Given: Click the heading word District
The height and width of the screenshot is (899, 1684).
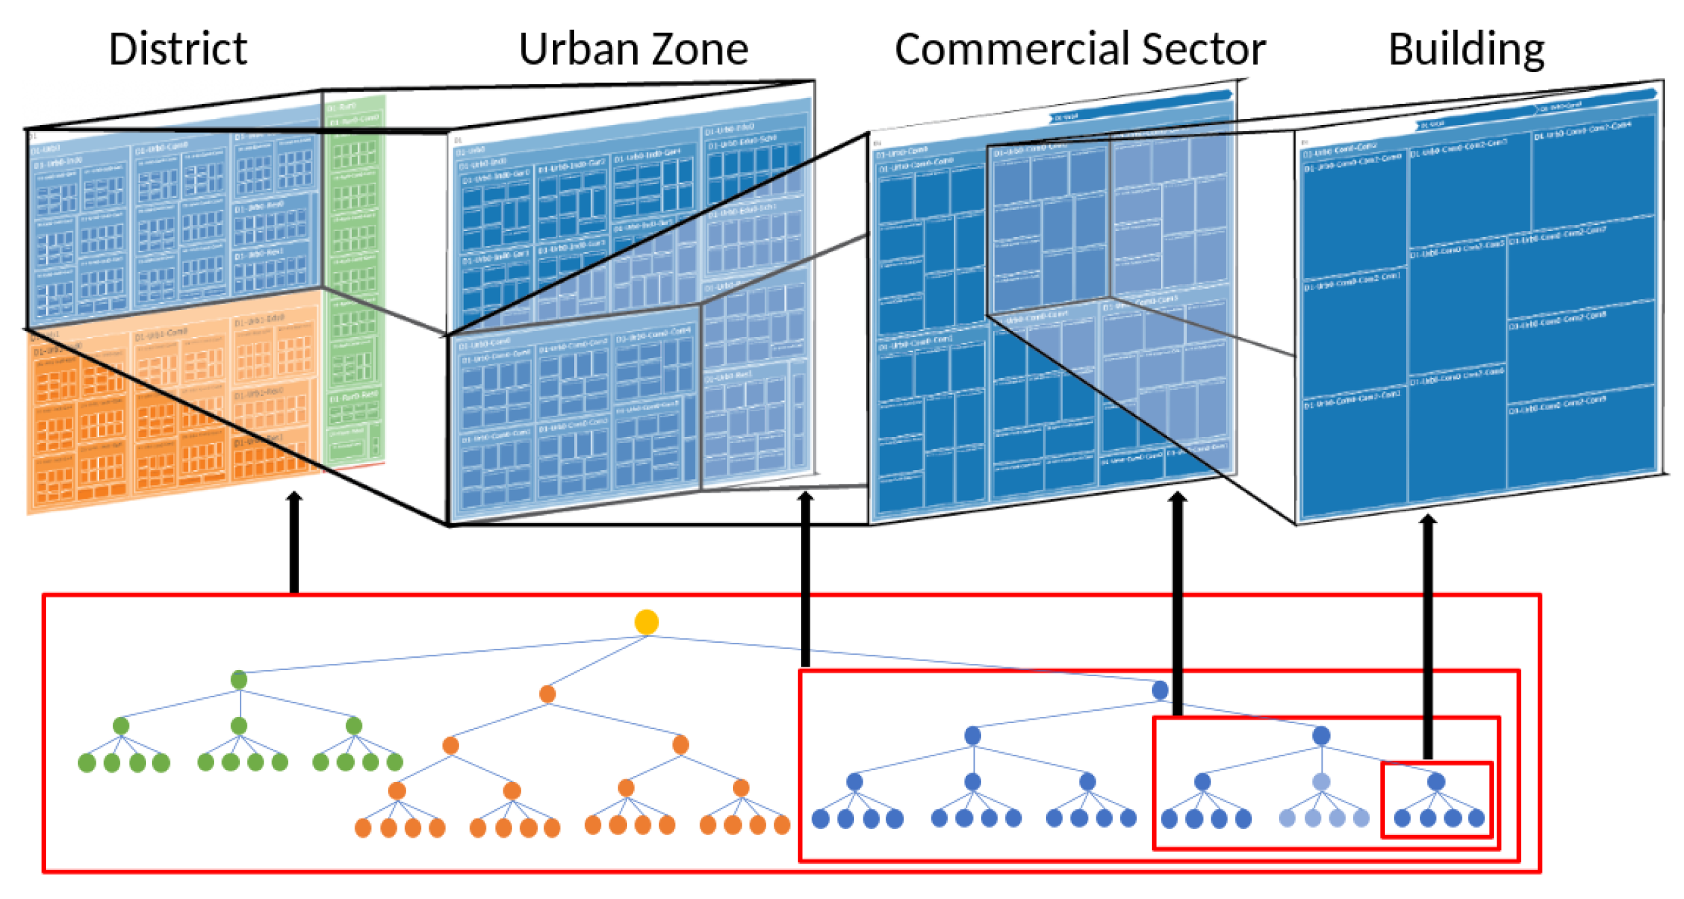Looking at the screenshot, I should pyautogui.click(x=178, y=49).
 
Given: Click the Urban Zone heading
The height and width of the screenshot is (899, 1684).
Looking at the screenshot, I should pyautogui.click(x=633, y=49).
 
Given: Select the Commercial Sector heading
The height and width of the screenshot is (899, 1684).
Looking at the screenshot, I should pyautogui.click(x=1080, y=49).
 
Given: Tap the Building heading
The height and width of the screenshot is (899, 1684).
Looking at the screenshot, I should pyautogui.click(x=1466, y=49).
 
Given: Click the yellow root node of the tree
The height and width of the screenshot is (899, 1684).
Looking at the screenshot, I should pyautogui.click(x=646, y=622).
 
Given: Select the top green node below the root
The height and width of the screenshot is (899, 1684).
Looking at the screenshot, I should pyautogui.click(x=238, y=680).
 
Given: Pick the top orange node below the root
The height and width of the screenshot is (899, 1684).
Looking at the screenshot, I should pyautogui.click(x=547, y=694).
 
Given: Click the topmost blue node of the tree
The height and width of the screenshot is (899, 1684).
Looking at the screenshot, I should pyautogui.click(x=1160, y=690).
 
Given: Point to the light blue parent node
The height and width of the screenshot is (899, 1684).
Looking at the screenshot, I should pyautogui.click(x=1321, y=781).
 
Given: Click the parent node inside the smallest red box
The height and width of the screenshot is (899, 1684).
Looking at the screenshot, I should pyautogui.click(x=1436, y=781).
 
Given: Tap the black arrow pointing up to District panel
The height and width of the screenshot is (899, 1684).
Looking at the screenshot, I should pyautogui.click(x=293, y=544).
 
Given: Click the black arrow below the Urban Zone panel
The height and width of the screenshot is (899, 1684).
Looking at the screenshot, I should pyautogui.click(x=805, y=578).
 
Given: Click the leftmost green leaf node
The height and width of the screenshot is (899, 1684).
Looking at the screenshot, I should pyautogui.click(x=86, y=763).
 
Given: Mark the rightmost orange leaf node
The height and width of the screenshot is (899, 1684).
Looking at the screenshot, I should pyautogui.click(x=782, y=825).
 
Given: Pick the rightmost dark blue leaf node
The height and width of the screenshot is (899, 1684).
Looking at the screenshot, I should pyautogui.click(x=1476, y=818).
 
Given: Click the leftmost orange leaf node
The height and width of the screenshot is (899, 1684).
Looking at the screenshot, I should pyautogui.click(x=363, y=828).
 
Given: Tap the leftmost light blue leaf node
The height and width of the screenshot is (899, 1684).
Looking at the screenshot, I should pyautogui.click(x=1287, y=818).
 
